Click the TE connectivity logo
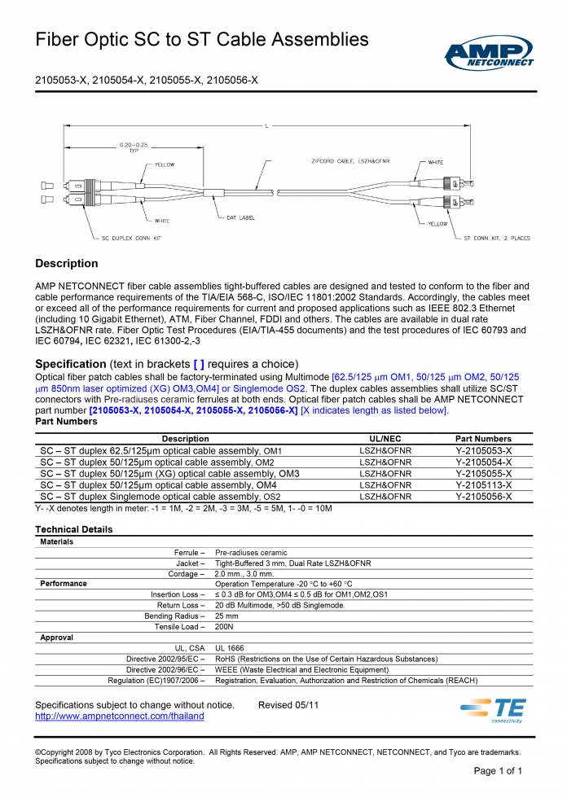click(x=498, y=710)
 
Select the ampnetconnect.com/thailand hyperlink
click(x=119, y=716)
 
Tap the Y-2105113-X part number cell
click(x=484, y=484)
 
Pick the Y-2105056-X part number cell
click(x=484, y=496)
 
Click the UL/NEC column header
click(x=385, y=439)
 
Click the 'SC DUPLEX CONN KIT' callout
click(x=134, y=239)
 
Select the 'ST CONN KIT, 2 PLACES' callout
click(x=496, y=239)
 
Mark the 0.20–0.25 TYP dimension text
click(x=134, y=147)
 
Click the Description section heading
click(x=66, y=264)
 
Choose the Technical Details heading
click(x=74, y=529)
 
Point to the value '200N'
click(x=224, y=627)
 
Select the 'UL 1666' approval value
click(x=229, y=648)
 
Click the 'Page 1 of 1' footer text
click(x=498, y=771)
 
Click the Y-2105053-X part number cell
click(x=484, y=450)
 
